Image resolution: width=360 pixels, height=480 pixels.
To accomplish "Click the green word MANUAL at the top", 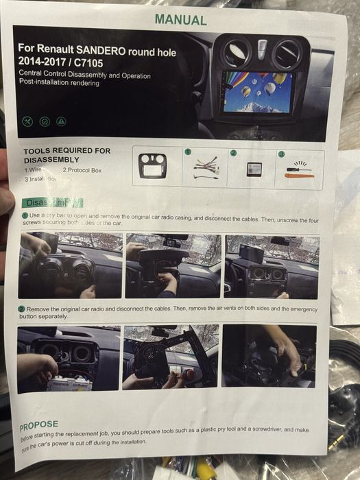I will [x=180, y=20].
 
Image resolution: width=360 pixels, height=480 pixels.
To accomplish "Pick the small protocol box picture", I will [x=253, y=169].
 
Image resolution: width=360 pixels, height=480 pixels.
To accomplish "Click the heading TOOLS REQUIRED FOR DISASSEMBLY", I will [x=67, y=155].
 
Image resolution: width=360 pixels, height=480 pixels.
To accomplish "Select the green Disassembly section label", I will [x=52, y=202].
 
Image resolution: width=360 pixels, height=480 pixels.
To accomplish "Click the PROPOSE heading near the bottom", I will [x=38, y=425].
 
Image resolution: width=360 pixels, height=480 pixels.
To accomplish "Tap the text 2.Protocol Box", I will [x=82, y=169].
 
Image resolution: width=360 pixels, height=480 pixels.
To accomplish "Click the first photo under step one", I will [x=71, y=265].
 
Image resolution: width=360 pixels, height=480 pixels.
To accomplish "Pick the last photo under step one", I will [x=272, y=266].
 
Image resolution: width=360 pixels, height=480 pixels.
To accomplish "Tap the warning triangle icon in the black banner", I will [x=62, y=121].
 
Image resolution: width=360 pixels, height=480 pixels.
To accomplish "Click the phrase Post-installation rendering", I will [x=59, y=84].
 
